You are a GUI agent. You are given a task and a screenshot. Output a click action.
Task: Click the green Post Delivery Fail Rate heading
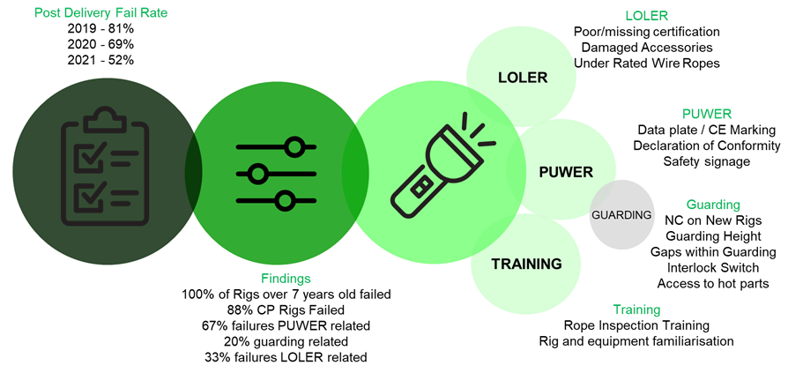(x=100, y=13)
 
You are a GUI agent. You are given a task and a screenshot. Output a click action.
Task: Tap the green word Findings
(x=286, y=279)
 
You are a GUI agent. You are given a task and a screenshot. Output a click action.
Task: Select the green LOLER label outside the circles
(x=646, y=16)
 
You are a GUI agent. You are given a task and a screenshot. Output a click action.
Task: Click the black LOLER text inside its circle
(x=522, y=78)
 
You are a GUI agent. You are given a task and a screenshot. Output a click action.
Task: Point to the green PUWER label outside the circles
(x=707, y=114)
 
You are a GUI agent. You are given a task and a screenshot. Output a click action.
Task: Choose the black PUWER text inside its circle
(x=565, y=172)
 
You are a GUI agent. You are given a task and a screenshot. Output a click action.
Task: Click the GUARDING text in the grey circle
(x=621, y=215)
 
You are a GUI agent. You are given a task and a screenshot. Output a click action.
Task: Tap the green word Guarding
(x=713, y=205)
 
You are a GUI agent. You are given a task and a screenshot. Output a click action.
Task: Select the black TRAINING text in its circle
(x=526, y=264)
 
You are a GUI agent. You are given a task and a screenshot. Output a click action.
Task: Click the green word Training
(x=636, y=310)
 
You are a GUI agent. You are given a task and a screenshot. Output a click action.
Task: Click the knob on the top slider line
(x=294, y=146)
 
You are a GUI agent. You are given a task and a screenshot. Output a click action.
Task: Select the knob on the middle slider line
(x=257, y=174)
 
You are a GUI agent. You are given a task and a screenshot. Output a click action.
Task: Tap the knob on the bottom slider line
(x=285, y=201)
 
